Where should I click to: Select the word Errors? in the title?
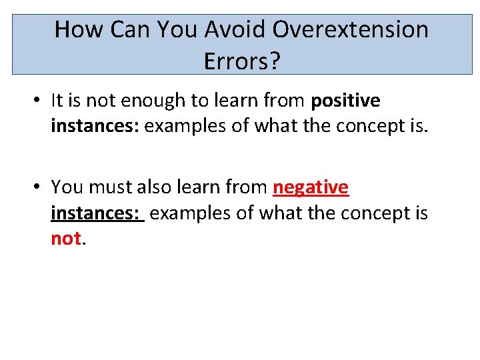(242, 61)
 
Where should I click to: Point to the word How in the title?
(77, 30)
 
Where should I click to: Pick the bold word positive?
(345, 101)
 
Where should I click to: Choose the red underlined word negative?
(311, 187)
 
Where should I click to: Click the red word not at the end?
(66, 239)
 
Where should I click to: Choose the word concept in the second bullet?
(367, 213)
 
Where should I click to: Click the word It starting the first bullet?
(57, 101)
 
